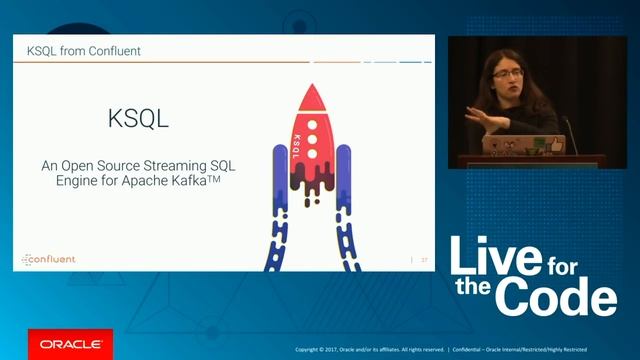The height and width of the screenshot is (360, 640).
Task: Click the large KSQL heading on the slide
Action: [138, 118]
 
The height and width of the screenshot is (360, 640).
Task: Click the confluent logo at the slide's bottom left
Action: [49, 259]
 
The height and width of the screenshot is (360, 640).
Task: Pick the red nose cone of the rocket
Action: [313, 100]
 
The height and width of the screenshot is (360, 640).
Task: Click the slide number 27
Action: [424, 260]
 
